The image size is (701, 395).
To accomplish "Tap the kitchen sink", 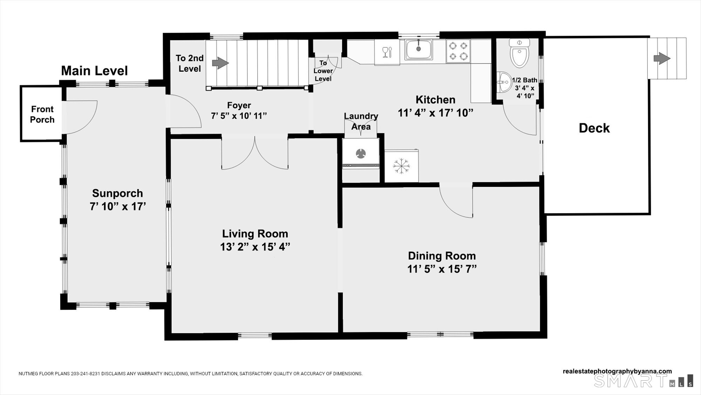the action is point(419,50).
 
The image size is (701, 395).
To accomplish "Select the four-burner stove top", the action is point(458,51).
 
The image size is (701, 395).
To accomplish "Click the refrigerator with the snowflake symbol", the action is point(401,166).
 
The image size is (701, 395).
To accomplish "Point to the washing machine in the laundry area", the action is point(361,153).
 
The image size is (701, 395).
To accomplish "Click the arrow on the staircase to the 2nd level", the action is point(220,63).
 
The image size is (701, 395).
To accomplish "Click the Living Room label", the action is point(255,233).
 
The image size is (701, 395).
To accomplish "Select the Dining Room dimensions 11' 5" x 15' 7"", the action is point(442,269).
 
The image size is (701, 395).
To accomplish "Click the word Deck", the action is point(594,128).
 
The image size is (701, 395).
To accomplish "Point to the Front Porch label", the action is point(42,114).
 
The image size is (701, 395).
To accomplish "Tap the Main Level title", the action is point(94,71).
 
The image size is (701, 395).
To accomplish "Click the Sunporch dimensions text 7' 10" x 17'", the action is point(118,206).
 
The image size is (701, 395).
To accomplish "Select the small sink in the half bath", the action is point(504,82).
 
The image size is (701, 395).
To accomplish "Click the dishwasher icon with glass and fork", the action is point(387,52).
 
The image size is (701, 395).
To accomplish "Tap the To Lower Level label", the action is point(323,71).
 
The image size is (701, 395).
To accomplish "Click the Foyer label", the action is point(239,105).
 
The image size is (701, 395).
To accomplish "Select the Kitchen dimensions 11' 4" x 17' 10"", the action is point(435,113).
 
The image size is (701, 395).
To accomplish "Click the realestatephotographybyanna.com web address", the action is point(617,371).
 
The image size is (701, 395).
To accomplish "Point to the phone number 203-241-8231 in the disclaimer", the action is point(86,374).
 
